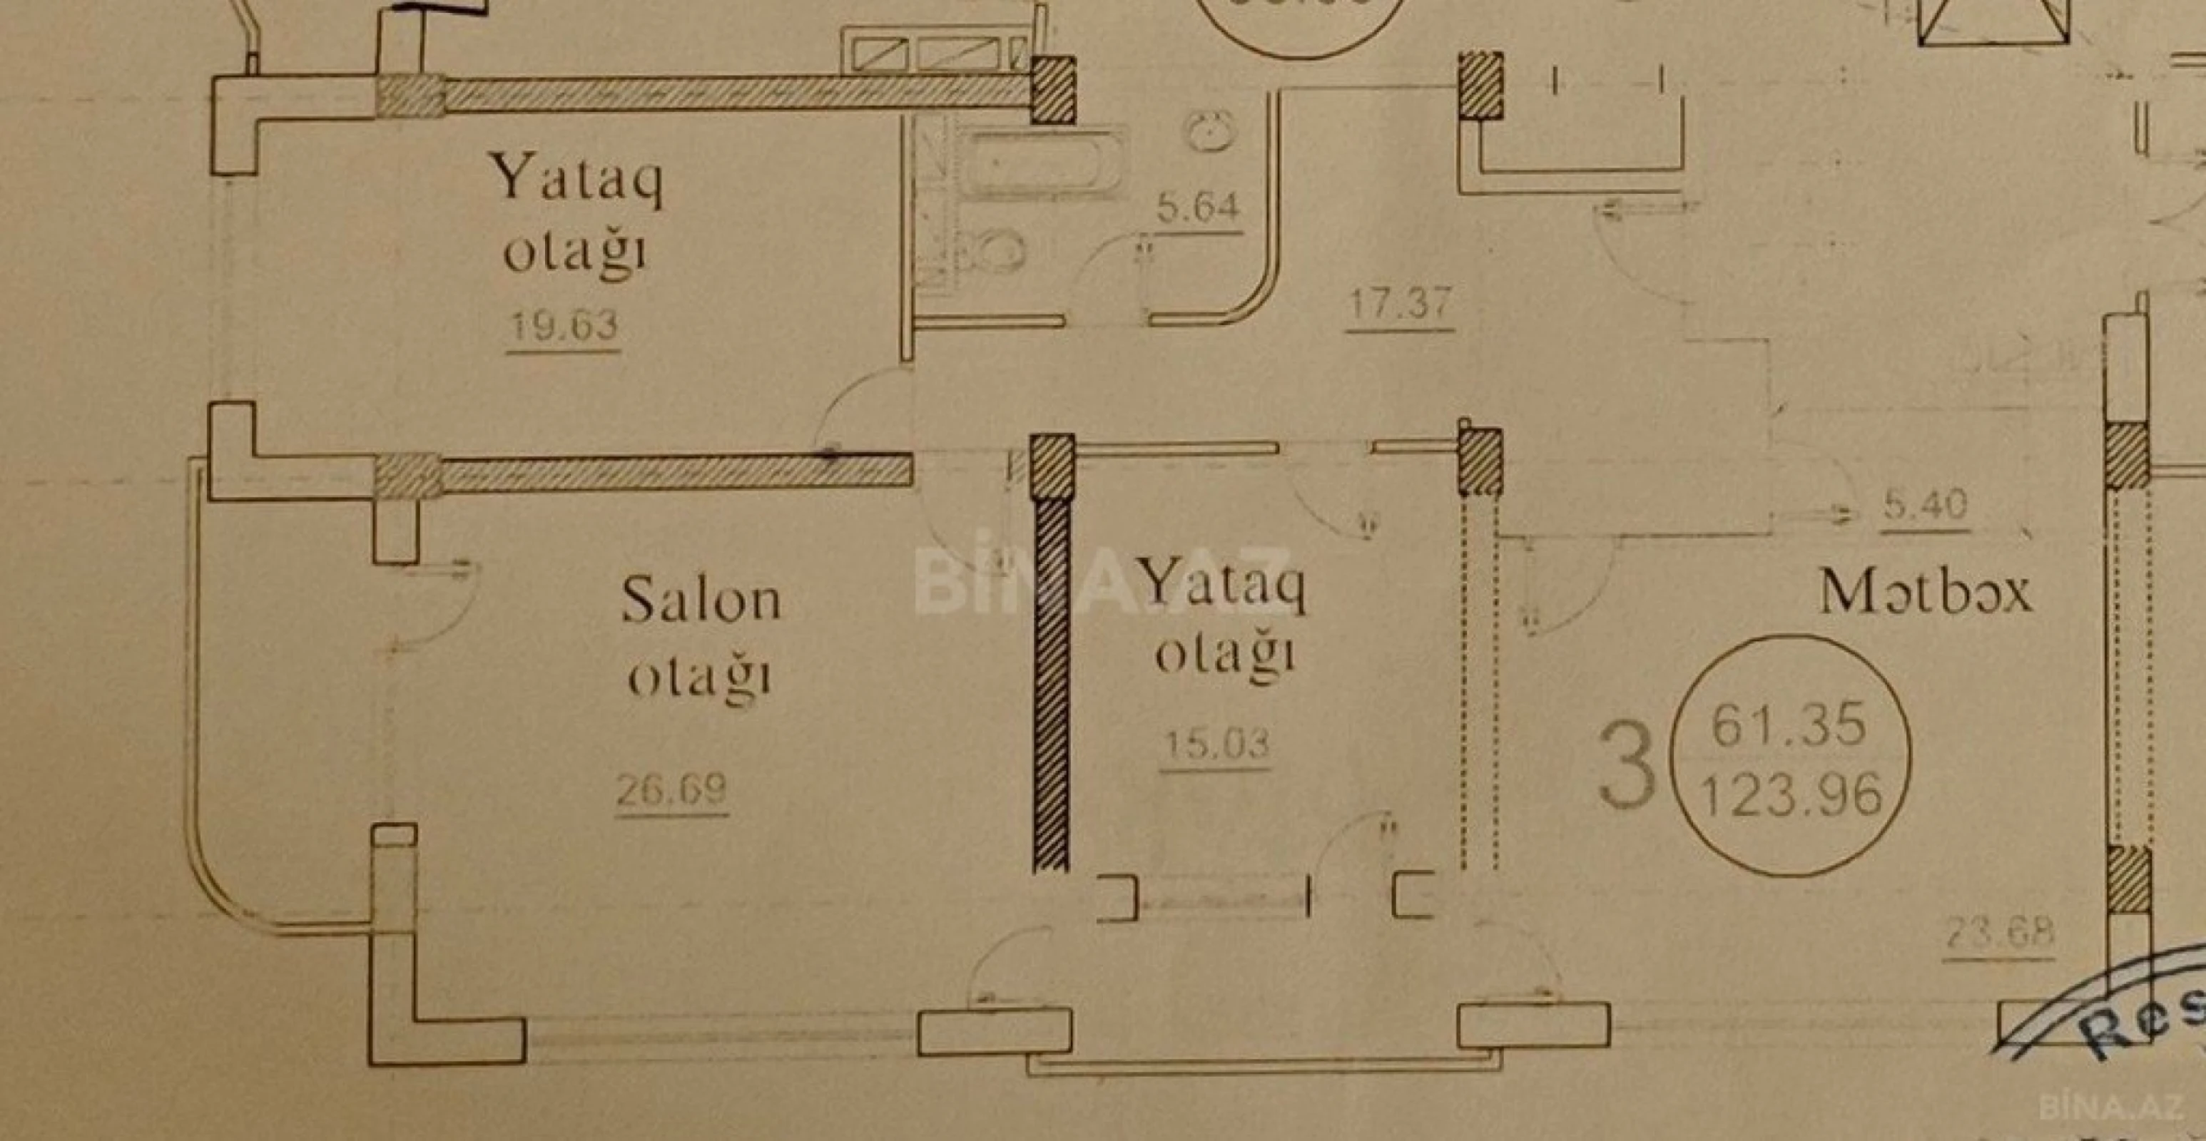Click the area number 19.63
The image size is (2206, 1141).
(564, 326)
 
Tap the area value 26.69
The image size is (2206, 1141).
(671, 789)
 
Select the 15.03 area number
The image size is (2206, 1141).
(1216, 744)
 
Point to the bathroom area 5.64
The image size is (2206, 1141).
(1198, 208)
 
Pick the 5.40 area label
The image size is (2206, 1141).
(1925, 506)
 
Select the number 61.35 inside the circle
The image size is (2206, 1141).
(1788, 725)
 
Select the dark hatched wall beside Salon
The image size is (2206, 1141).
(1052, 685)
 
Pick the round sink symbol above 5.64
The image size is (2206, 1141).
(1209, 132)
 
